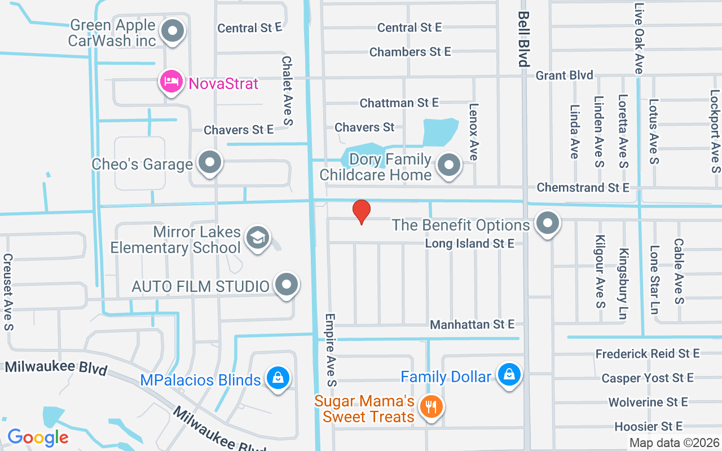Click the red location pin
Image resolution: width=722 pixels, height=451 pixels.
361,212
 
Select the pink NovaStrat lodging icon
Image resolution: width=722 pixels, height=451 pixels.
171,83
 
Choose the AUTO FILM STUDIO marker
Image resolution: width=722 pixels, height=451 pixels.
287,285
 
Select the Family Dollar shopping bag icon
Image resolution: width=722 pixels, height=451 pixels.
509,374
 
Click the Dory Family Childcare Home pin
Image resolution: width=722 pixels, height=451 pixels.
449,165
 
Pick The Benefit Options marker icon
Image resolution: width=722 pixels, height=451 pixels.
547,224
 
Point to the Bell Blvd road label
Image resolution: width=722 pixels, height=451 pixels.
524,38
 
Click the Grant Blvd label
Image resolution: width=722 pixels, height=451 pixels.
564,75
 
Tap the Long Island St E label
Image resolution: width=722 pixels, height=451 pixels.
469,244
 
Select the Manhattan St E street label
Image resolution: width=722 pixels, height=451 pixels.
472,324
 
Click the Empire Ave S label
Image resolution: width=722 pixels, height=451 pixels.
331,350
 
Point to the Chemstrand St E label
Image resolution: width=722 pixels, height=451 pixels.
583,187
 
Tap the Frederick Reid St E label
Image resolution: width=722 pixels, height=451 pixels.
648,353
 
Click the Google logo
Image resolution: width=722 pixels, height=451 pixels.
38,437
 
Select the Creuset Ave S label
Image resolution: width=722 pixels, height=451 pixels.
8,291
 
